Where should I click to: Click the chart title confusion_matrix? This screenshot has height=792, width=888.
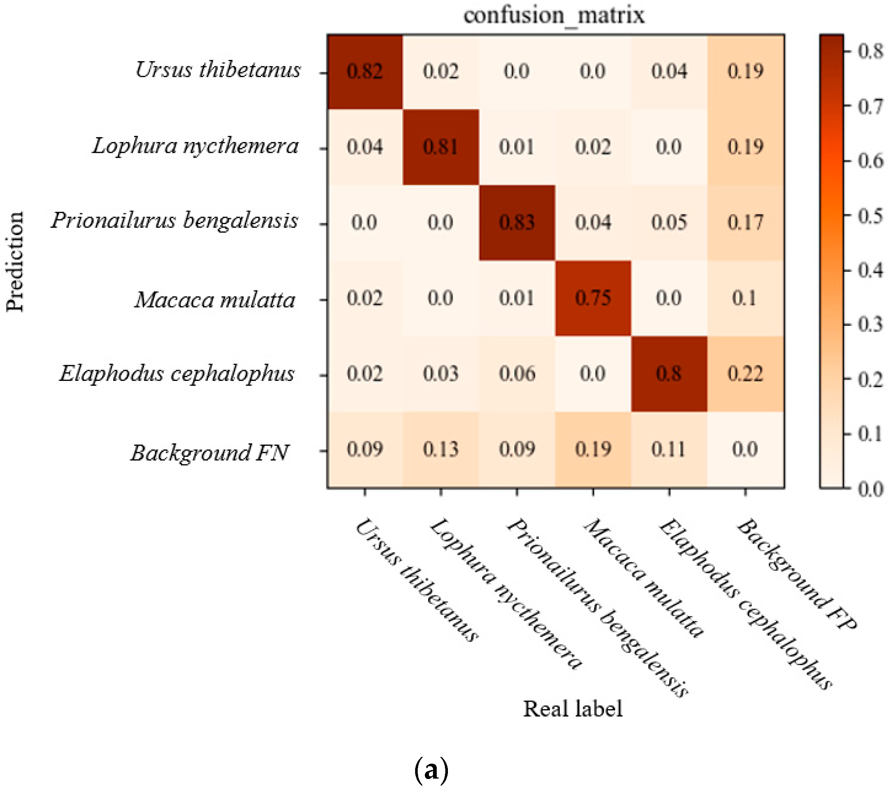tap(553, 16)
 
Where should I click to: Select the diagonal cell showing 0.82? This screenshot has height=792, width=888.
tap(364, 71)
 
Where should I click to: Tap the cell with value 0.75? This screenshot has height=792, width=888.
tap(593, 299)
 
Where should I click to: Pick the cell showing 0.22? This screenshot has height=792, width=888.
tap(745, 374)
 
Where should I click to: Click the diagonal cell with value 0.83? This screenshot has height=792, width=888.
tap(517, 223)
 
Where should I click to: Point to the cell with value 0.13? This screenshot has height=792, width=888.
tap(441, 449)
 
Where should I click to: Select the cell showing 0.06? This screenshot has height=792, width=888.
tap(517, 374)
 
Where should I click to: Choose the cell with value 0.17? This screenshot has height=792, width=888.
tap(745, 223)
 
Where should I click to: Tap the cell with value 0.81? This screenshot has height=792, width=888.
tap(441, 147)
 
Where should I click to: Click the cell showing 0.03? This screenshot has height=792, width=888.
tap(441, 374)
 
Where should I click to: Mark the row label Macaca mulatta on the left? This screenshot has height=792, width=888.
tap(215, 300)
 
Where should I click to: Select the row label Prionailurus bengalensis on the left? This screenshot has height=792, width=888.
tap(174, 220)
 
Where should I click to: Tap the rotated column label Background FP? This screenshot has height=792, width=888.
tap(796, 574)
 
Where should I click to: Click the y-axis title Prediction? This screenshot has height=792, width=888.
tap(15, 262)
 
